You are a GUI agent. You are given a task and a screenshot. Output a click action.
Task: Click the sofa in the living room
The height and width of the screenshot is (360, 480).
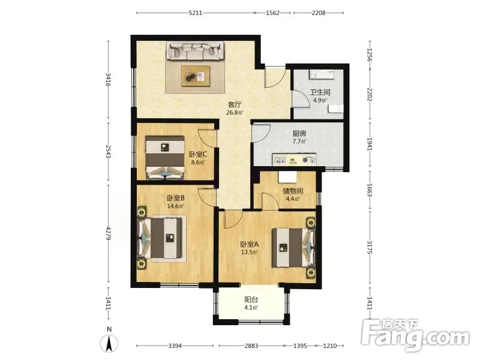tap(194, 50)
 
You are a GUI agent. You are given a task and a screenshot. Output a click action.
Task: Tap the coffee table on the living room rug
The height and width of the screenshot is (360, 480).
tap(196, 76)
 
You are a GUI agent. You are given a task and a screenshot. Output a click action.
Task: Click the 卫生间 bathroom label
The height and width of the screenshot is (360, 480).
tap(320, 92)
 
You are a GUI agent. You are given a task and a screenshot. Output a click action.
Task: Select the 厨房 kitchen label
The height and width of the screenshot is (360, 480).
tap(299, 133)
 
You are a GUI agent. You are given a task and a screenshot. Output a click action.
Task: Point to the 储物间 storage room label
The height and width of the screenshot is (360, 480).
tap(293, 191)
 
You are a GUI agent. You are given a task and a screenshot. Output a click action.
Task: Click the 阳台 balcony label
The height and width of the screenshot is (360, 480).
tap(251, 299)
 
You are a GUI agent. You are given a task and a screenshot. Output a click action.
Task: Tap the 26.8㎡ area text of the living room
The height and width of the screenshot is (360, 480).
tap(235, 112)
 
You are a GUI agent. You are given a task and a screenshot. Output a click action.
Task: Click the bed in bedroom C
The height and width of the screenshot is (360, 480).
tap(166, 158)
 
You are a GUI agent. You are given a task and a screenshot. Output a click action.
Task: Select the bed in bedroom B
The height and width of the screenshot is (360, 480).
tap(159, 238)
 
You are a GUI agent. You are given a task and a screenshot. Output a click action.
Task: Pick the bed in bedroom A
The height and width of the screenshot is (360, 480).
tap(293, 247)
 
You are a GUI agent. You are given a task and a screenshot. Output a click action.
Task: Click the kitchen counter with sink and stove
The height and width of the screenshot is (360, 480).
tap(294, 160)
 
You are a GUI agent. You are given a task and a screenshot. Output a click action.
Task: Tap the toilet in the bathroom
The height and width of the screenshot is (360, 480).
tap(336, 109)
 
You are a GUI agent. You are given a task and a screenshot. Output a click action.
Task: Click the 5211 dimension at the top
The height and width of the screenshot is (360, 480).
tap(196, 13)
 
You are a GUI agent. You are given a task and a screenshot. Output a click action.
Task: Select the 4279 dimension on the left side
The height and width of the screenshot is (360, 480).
tap(108, 233)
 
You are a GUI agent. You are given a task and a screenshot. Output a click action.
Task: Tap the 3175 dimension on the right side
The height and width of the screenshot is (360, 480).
tap(370, 248)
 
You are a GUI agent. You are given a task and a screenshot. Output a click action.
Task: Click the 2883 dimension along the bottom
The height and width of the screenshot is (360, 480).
tap(251, 346)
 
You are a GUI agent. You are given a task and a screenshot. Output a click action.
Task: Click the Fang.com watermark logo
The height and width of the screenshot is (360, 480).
tap(415, 335)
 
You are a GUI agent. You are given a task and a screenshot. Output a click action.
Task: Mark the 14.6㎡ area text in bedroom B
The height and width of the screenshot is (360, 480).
tap(175, 206)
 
